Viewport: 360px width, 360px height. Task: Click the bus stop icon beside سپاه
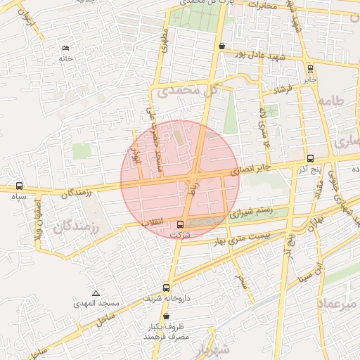point(18,186)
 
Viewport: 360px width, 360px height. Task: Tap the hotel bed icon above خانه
point(65,48)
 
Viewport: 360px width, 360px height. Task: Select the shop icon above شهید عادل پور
point(222,46)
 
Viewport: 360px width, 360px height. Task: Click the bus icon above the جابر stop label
point(310,68)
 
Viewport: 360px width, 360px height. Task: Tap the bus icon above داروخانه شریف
point(166,288)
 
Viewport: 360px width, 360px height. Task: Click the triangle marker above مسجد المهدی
point(96,292)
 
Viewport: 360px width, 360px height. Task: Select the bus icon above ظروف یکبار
point(166,316)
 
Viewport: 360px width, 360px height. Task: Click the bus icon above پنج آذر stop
point(310,158)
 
